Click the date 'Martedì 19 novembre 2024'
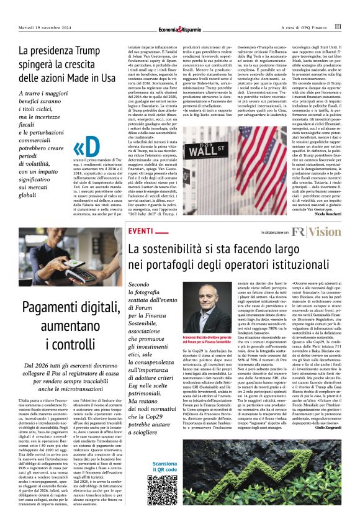point(45,27)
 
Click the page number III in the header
point(338,27)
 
